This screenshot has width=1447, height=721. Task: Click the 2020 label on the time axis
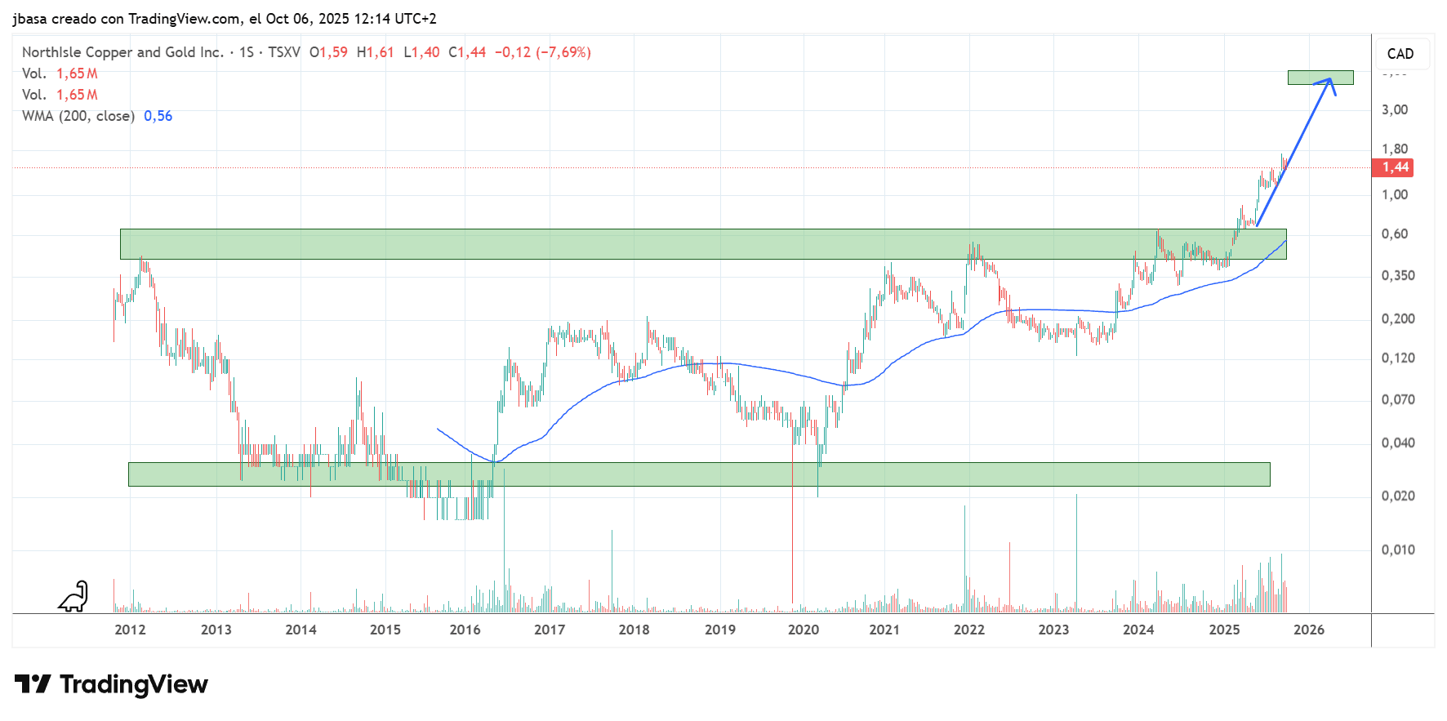803,630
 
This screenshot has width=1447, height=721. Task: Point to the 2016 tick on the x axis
465,630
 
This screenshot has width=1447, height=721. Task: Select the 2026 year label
1308,630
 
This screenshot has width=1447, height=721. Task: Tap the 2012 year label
130,630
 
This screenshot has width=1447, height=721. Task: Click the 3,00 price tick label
1394,109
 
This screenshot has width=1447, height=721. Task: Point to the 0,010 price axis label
1397,550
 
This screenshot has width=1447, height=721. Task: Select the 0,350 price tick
1397,275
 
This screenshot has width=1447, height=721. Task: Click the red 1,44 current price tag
1395,167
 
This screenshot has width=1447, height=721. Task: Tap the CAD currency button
1400,54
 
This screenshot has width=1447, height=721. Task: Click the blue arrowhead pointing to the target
1329,82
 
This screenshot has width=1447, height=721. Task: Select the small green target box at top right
1320,78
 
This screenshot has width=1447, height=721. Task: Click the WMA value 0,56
158,116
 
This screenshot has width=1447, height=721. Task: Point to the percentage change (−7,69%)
563,52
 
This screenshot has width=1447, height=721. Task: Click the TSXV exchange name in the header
283,52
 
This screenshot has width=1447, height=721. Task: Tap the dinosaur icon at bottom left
73,597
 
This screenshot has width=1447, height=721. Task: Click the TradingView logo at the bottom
111,684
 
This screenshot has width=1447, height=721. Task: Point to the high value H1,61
375,52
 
